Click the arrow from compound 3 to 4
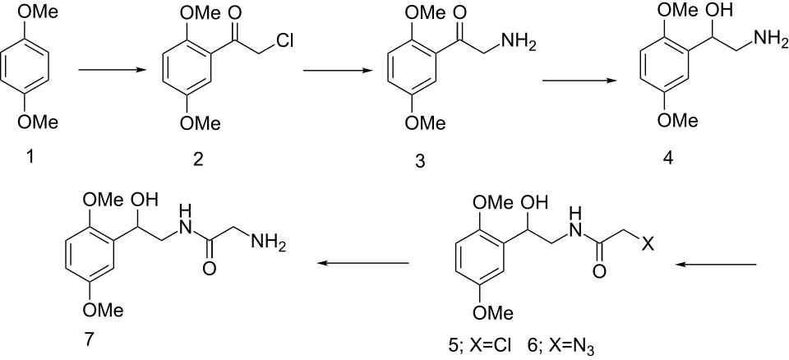point(577,80)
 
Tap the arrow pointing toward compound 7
point(364,264)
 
